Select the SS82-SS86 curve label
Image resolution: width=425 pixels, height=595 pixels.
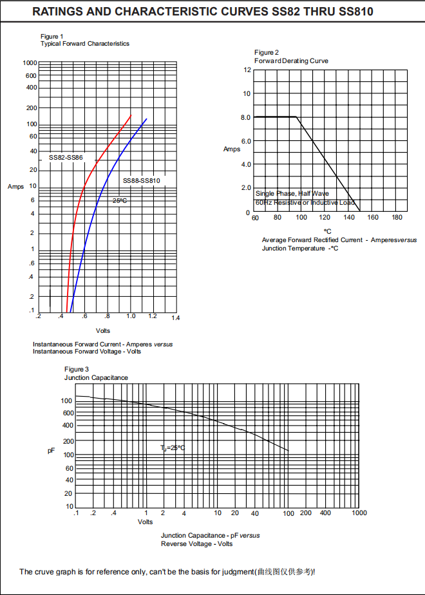(x=66, y=158)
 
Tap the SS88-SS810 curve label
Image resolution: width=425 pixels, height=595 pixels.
(x=141, y=181)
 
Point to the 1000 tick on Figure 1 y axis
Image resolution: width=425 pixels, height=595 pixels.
(x=30, y=63)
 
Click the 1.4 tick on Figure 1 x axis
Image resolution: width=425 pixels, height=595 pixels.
(x=176, y=318)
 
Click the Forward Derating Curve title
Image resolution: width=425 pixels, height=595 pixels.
(x=291, y=61)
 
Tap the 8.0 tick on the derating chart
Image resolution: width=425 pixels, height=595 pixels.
(x=245, y=118)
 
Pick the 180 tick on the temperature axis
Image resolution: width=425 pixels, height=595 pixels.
(x=397, y=218)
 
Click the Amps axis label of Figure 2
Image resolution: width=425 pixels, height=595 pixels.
(x=232, y=149)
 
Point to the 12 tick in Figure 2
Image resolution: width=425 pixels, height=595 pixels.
(x=247, y=70)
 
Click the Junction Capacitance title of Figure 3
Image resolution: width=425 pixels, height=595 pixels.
(x=96, y=377)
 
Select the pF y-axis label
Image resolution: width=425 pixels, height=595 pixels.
(x=52, y=451)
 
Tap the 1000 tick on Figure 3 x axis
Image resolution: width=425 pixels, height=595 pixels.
(x=359, y=513)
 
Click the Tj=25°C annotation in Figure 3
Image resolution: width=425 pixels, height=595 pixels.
(x=173, y=448)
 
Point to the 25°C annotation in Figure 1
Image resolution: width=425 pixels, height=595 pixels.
(x=120, y=201)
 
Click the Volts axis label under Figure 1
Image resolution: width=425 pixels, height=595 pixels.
(x=103, y=331)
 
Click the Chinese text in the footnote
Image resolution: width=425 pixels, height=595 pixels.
(x=286, y=572)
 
